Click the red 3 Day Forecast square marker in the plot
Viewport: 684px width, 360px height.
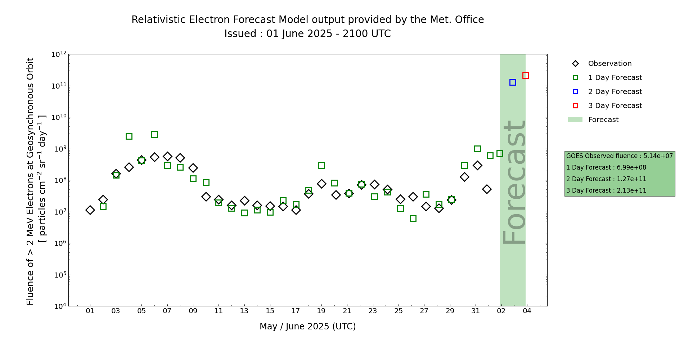[526, 75]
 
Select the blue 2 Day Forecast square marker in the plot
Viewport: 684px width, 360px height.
[513, 82]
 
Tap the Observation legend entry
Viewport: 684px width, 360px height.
[609, 64]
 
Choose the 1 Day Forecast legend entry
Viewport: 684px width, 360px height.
[615, 78]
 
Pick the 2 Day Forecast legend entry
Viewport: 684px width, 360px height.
[615, 92]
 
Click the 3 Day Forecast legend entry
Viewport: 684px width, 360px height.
[615, 106]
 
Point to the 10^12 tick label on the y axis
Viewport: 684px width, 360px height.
[59, 54]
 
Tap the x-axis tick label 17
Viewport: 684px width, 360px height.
[296, 311]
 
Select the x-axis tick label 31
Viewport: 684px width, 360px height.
[476, 311]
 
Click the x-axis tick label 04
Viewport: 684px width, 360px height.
[527, 311]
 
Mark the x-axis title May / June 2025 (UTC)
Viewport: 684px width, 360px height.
[307, 327]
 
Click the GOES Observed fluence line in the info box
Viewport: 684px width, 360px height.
[619, 156]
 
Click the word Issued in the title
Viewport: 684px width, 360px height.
[240, 34]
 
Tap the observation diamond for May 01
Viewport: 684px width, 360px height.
[90, 210]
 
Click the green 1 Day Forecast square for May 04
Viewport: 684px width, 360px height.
[129, 136]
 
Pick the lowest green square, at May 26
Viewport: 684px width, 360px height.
[413, 218]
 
